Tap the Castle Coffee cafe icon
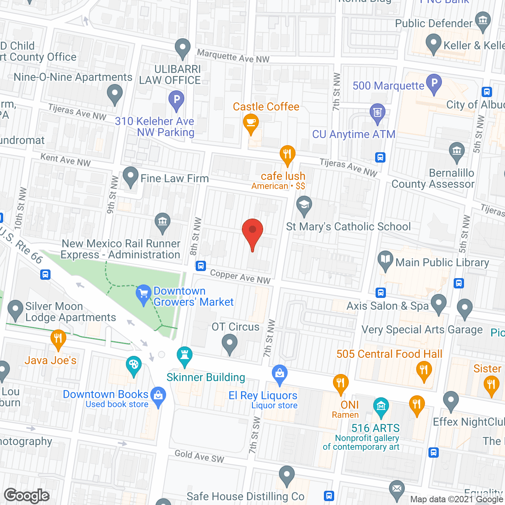(251, 122)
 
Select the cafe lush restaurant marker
(288, 154)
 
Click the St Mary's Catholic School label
(348, 226)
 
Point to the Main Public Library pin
(385, 260)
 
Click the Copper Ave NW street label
(240, 276)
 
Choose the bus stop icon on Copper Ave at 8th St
(201, 266)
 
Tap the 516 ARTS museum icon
(381, 406)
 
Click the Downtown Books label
(105, 394)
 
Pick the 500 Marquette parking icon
(434, 83)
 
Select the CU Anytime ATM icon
(378, 112)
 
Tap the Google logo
(27, 496)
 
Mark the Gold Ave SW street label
(199, 456)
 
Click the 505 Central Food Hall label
(389, 354)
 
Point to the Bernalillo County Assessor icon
(457, 151)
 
